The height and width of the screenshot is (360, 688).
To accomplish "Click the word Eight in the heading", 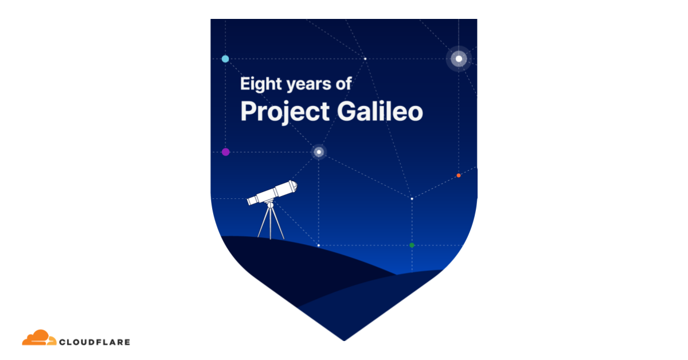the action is (x=261, y=84).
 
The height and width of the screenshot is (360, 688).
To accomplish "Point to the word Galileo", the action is (x=380, y=111).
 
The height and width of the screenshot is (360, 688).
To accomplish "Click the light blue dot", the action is (x=225, y=58).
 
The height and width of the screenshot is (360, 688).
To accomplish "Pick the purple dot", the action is (x=225, y=152).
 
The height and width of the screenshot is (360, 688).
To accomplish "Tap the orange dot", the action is (x=459, y=175).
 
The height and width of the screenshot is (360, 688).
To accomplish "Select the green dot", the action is (x=412, y=245).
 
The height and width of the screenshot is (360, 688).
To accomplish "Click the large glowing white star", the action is (x=459, y=58).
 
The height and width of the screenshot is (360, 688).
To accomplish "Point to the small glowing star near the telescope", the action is (x=319, y=152).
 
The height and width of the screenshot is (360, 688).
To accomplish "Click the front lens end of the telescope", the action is (x=294, y=186).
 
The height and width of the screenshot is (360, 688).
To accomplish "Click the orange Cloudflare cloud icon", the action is (x=39, y=338).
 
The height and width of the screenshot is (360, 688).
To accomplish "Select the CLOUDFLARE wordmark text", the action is (x=95, y=342).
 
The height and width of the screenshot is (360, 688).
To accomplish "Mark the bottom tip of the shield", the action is (x=344, y=341).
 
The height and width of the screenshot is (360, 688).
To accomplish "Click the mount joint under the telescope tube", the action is (x=270, y=205).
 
